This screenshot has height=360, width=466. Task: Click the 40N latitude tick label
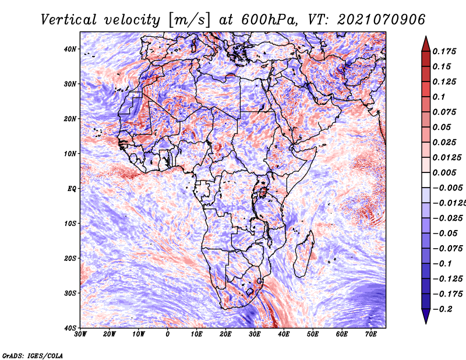(x=70, y=49)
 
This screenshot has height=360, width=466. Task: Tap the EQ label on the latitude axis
(x=72, y=189)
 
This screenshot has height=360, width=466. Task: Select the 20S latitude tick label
(x=70, y=258)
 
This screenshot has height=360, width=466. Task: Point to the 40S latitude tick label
(x=70, y=328)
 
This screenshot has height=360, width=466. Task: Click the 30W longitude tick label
(x=80, y=334)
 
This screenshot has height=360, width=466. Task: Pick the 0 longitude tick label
(x=168, y=334)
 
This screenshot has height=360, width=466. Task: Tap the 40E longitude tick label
(x=284, y=334)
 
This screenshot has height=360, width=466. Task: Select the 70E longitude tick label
(x=371, y=334)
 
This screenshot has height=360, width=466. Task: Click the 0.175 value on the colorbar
(x=444, y=51)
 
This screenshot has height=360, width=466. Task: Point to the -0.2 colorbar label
(x=442, y=309)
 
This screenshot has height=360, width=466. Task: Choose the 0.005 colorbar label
(x=444, y=172)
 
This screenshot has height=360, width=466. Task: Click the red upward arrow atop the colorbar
(x=426, y=44)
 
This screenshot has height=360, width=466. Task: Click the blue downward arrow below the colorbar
(x=426, y=316)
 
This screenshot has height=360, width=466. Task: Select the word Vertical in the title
(x=69, y=20)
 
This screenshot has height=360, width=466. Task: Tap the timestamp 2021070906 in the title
(x=382, y=20)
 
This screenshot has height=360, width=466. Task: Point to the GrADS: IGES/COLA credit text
(x=33, y=356)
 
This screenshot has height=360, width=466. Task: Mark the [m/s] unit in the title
(x=189, y=20)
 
